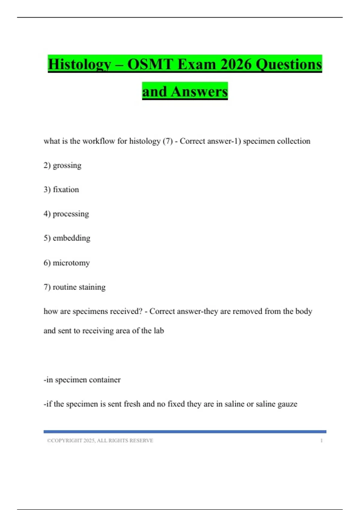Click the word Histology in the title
pyautogui.click(x=79, y=64)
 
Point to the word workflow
pyautogui.click(x=98, y=141)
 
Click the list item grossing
pyautogui.click(x=67, y=165)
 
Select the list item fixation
pyautogui.click(x=66, y=190)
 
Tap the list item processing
pyautogui.click(x=71, y=214)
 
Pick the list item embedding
pyautogui.click(x=71, y=238)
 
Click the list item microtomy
pyautogui.click(x=71, y=263)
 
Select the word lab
pyautogui.click(x=159, y=331)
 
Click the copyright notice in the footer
pyautogui.click(x=100, y=440)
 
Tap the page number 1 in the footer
pyautogui.click(x=321, y=440)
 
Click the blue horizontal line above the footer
pyautogui.click(x=185, y=432)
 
